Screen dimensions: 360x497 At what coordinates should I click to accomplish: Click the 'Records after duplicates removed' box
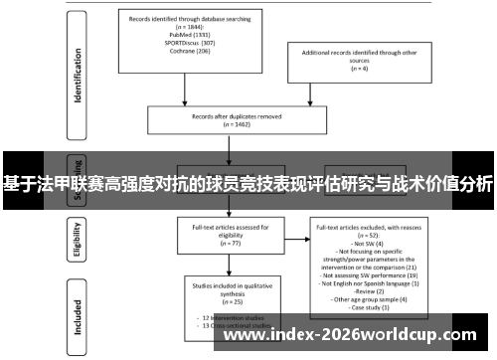click(230, 118)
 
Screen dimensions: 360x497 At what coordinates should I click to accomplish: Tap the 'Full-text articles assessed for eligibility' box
click(230, 235)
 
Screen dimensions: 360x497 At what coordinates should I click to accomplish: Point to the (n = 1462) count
click(230, 126)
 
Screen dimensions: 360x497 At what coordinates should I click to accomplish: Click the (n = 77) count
click(230, 243)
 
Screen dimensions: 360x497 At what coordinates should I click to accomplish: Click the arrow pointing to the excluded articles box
click(293, 236)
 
